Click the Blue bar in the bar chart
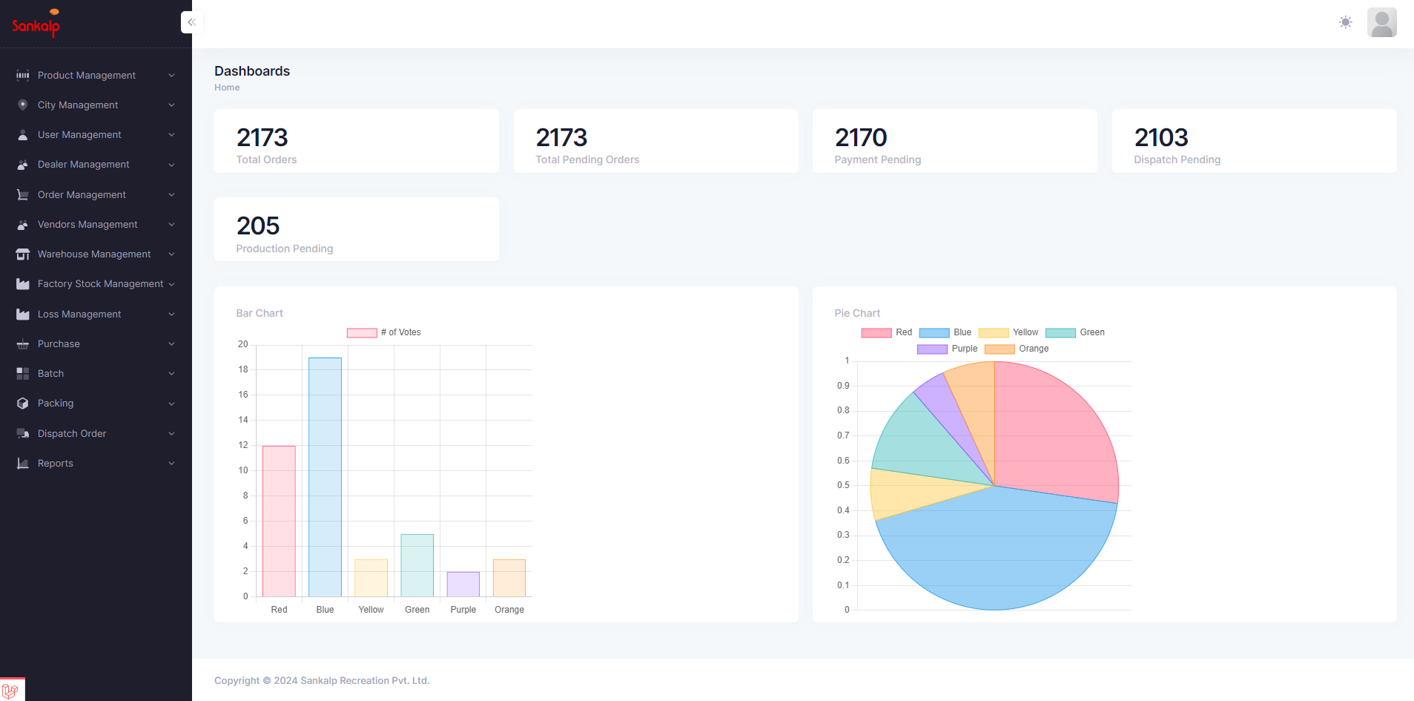(325, 477)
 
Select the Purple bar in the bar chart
(463, 584)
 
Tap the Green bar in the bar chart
(417, 565)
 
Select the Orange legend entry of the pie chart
(1017, 349)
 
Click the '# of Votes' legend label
(400, 332)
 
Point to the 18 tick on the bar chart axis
(243, 369)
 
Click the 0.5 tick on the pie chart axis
(843, 485)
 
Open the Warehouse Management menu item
(94, 254)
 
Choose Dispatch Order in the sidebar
(72, 434)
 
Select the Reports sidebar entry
(56, 464)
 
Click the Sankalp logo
(36, 24)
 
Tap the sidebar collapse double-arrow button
(191, 22)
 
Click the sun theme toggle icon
(1345, 22)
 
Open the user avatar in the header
(1381, 22)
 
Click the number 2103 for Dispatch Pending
(1161, 138)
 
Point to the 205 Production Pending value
(258, 226)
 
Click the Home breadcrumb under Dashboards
(227, 88)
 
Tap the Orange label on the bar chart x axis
(509, 610)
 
